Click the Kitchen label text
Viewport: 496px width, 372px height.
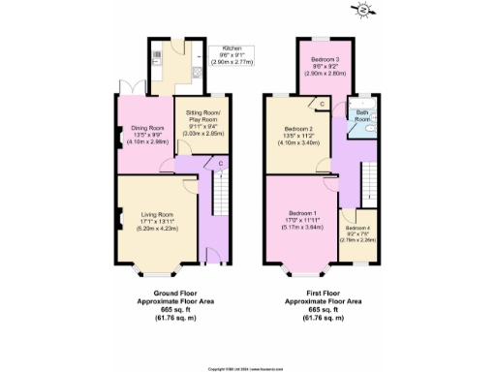point(232,47)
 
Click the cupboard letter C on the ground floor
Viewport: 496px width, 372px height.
point(221,163)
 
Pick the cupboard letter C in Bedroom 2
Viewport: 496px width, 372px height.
point(321,105)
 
